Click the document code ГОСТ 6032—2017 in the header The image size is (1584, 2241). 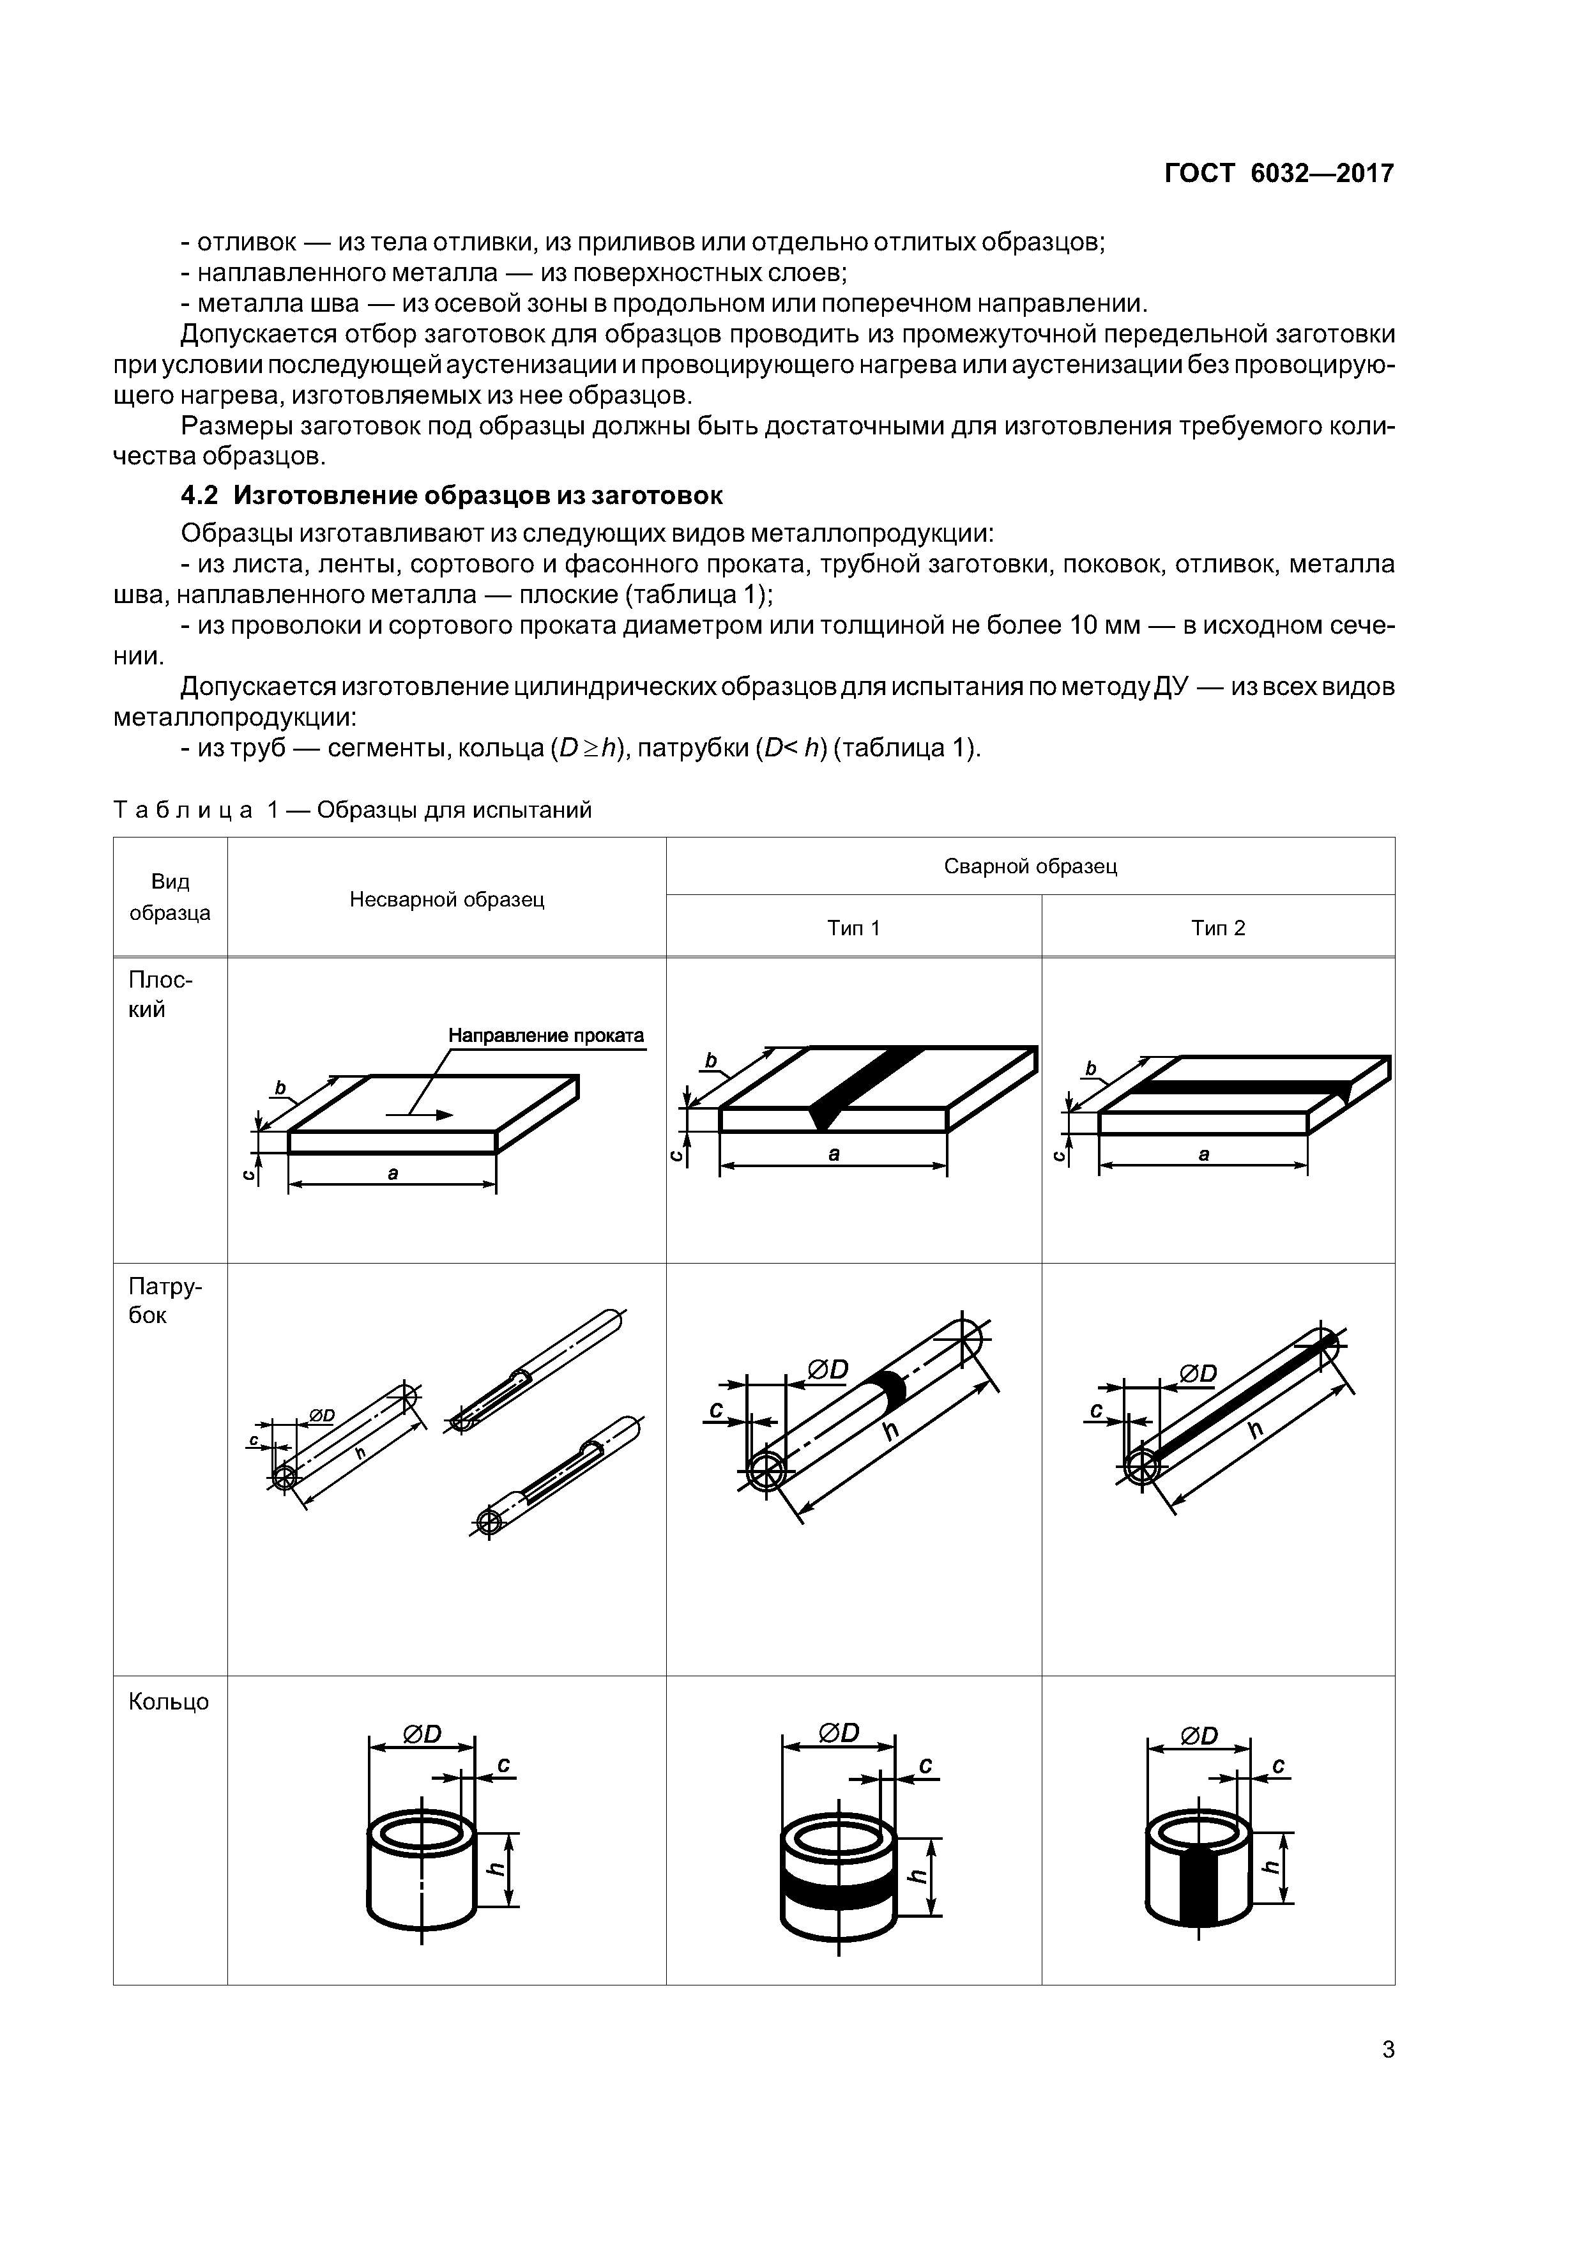tap(1279, 174)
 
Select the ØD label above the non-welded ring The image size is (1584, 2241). tap(422, 1734)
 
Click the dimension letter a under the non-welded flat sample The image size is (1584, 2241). tap(392, 1174)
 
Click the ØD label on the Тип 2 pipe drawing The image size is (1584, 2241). tap(1198, 1373)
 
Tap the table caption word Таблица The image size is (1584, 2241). tap(183, 810)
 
